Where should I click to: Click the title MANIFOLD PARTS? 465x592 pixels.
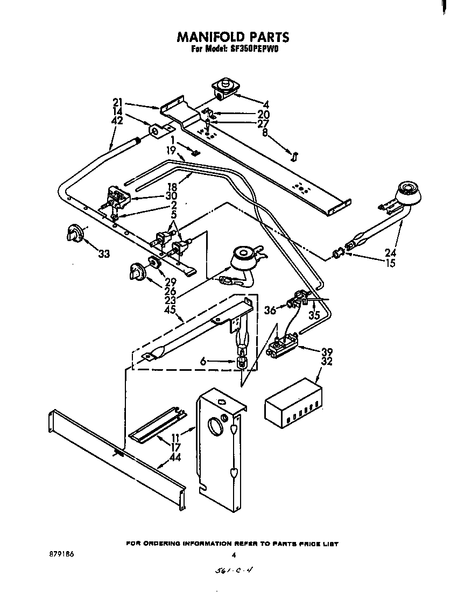(232, 37)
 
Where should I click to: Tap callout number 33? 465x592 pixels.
(103, 253)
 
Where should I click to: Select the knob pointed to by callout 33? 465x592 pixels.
(73, 234)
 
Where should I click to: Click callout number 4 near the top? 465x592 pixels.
(266, 104)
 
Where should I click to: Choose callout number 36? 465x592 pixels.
(271, 309)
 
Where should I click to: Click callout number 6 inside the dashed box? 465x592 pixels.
(202, 362)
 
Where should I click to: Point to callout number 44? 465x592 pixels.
(174, 458)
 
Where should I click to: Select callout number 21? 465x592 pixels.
(118, 103)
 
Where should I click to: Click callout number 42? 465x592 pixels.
(117, 121)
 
